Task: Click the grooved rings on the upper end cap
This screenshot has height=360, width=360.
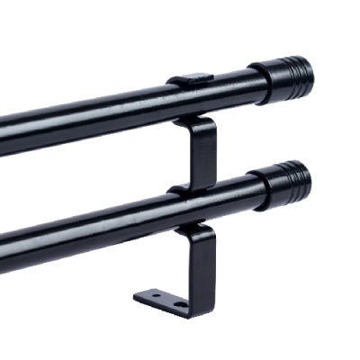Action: click(295, 72)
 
